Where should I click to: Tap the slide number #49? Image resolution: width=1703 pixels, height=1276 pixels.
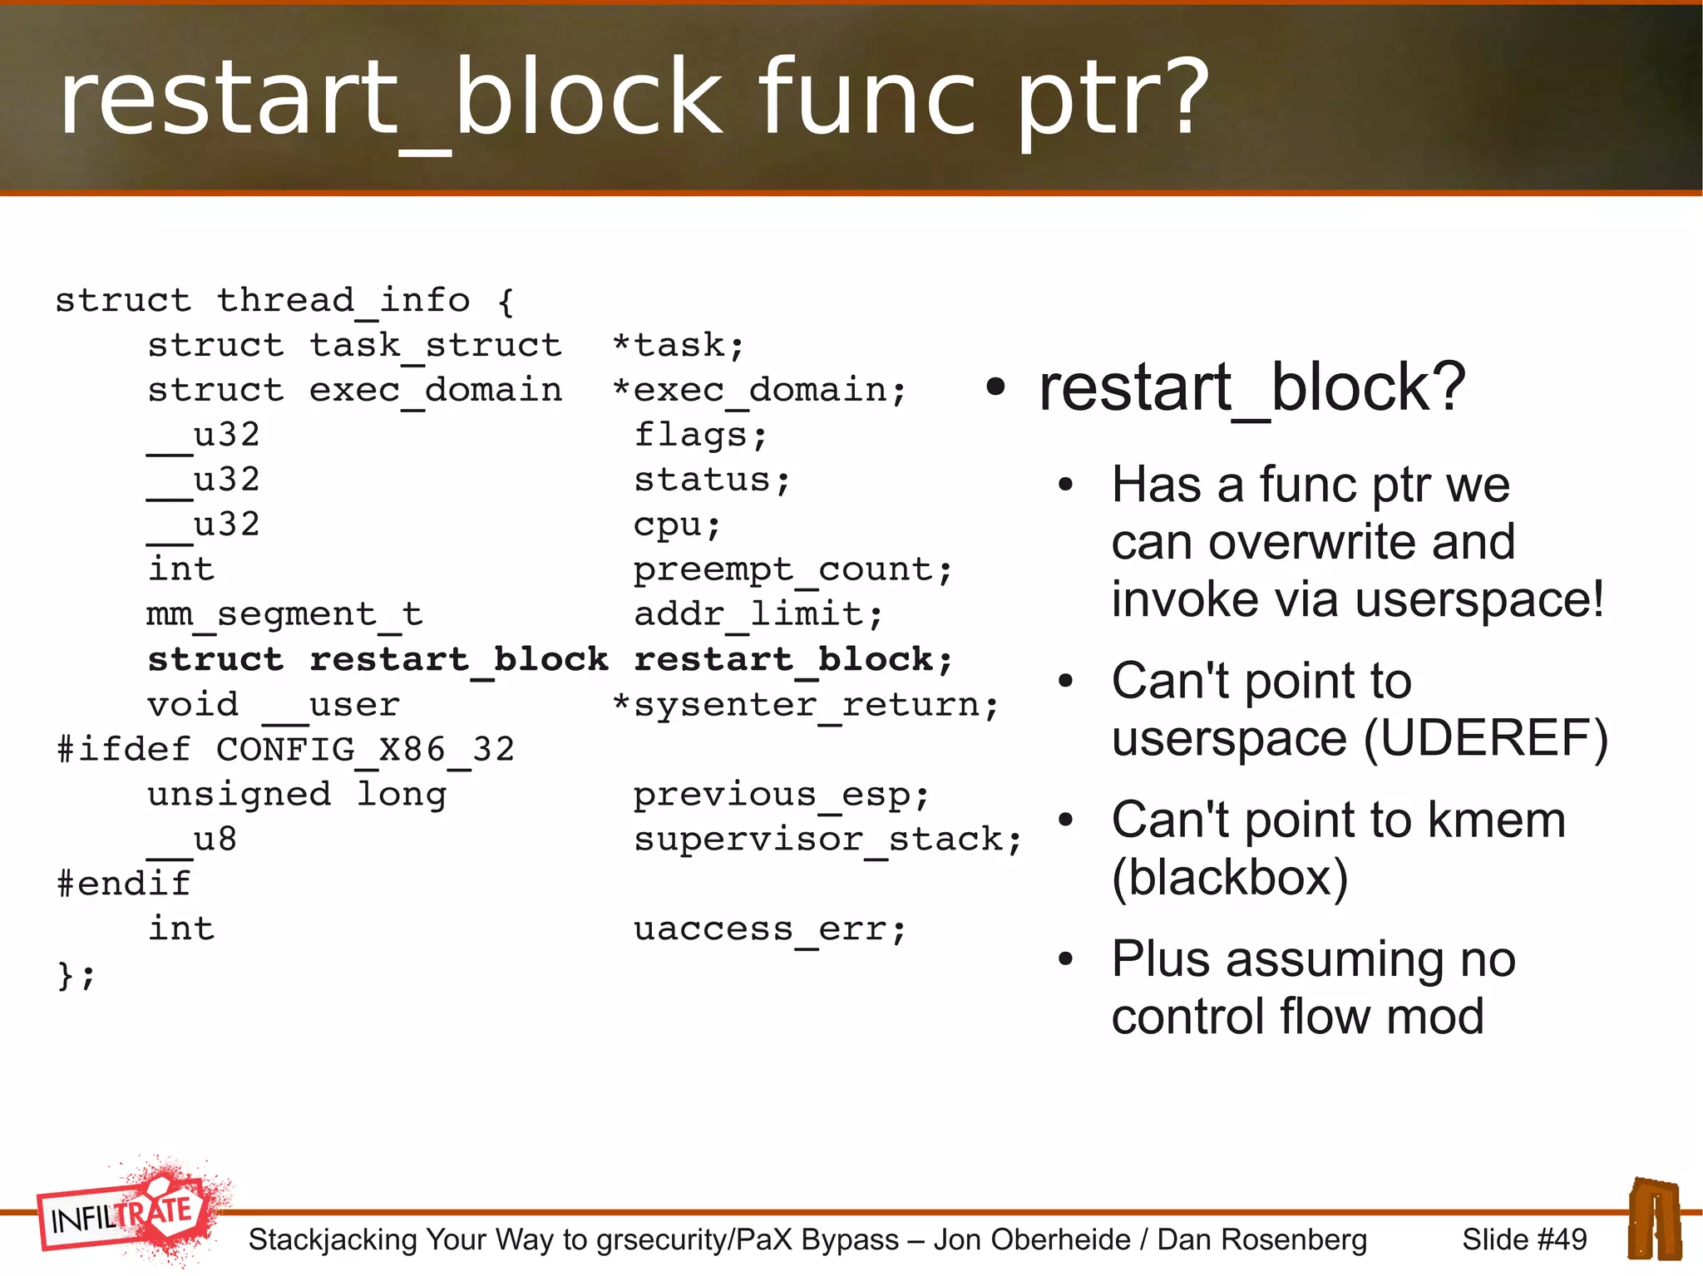pyautogui.click(x=1524, y=1239)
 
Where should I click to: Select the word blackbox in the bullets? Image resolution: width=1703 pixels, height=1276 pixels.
pyautogui.click(x=1230, y=878)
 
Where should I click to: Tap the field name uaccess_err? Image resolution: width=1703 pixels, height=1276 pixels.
pyautogui.click(x=768, y=929)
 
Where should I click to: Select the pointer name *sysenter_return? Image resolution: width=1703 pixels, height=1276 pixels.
pyautogui.click(x=805, y=705)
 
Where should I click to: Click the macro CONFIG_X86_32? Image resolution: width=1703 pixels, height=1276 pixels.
pyautogui.click(x=365, y=750)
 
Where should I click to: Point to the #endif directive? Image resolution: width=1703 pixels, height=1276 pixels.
pyautogui.click(x=124, y=884)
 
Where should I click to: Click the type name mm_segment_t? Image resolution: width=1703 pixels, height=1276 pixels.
pyautogui.click(x=284, y=615)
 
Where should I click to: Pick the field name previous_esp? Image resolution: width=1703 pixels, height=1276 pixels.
pyautogui.click(x=780, y=795)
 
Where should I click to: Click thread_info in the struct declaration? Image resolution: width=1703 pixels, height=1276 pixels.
pyautogui.click(x=343, y=300)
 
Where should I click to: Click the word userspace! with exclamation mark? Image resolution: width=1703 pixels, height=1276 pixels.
pyautogui.click(x=1479, y=600)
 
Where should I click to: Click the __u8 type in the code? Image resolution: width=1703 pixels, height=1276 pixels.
pyautogui.click(x=193, y=840)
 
